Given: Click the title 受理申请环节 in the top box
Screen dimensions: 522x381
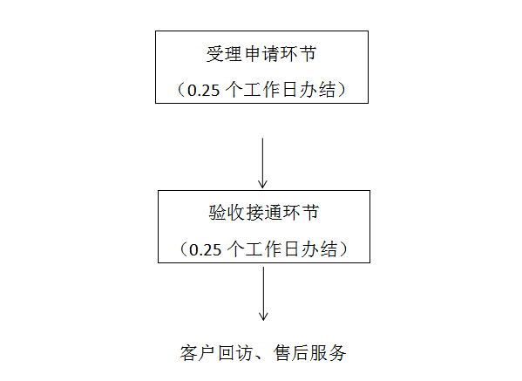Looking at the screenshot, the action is point(261,54).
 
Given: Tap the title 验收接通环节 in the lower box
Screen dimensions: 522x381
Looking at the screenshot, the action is point(264,213).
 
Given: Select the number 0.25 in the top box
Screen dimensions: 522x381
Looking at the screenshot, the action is point(203,91).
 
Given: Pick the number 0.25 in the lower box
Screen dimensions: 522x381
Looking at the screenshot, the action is point(205,250).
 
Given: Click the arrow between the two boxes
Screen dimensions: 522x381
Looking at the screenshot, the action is point(262,163).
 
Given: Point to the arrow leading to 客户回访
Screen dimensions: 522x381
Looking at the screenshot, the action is point(263,294).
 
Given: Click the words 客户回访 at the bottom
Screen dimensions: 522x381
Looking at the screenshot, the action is point(217,353).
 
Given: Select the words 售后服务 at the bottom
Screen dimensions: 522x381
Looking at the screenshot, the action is point(309,353).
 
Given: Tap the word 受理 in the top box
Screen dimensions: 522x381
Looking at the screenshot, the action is point(224,54).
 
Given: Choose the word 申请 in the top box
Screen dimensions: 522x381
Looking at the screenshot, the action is point(261,54).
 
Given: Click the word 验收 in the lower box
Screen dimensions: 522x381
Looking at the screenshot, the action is point(227,213).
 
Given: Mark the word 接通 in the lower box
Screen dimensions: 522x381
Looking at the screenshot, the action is point(264,213).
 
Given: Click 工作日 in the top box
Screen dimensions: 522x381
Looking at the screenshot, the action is point(270,90).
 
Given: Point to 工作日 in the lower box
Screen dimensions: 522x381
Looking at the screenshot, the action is point(272,249).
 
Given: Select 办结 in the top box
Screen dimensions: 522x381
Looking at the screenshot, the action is point(317,90).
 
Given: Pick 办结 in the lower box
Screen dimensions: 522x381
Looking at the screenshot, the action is point(319,249).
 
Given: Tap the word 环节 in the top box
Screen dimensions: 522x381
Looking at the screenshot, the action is point(298,54).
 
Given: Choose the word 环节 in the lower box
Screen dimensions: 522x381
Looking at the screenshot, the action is point(301,213).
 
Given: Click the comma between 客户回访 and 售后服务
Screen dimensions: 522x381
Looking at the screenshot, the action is point(260,357).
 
